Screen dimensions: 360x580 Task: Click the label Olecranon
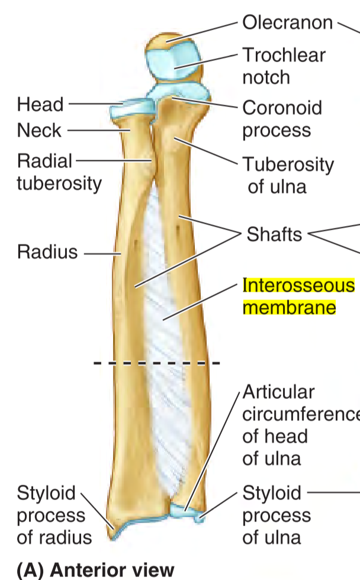pos(287,23)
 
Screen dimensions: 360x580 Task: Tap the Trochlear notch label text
pos(284,66)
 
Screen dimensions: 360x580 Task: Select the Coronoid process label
pos(282,118)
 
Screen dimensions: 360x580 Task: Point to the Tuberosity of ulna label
pos(288,175)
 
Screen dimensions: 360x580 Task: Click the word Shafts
pos(274,234)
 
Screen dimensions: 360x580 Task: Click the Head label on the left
pos(40,105)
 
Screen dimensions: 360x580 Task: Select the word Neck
pos(39,130)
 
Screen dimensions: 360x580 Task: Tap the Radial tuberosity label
pos(59,172)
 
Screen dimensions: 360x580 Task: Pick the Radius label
pos(47,252)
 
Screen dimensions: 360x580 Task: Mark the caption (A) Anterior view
pos(95,569)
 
